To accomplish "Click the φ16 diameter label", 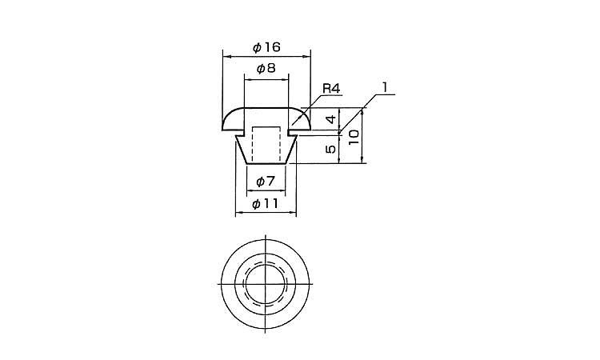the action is (x=266, y=47).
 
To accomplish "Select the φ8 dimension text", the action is (x=266, y=69).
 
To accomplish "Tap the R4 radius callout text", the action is (x=331, y=89).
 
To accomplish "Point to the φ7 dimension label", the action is (x=266, y=182).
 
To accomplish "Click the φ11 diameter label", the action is (x=266, y=203).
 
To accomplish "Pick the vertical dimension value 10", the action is (x=354, y=137).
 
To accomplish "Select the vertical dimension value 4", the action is (x=331, y=118).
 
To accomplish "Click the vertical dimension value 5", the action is (x=331, y=149).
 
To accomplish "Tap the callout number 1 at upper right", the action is (x=385, y=87).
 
